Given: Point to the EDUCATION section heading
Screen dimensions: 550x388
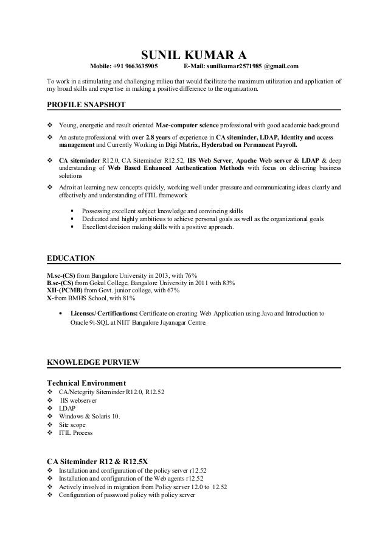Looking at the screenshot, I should (71, 258).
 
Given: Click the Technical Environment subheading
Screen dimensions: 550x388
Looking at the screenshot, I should (86, 382).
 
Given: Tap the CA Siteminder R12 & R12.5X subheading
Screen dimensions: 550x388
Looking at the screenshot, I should (97, 461).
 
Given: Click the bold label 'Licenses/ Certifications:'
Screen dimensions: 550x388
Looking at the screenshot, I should (104, 314).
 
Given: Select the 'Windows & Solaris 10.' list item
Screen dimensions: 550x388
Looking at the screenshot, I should (89, 415).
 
